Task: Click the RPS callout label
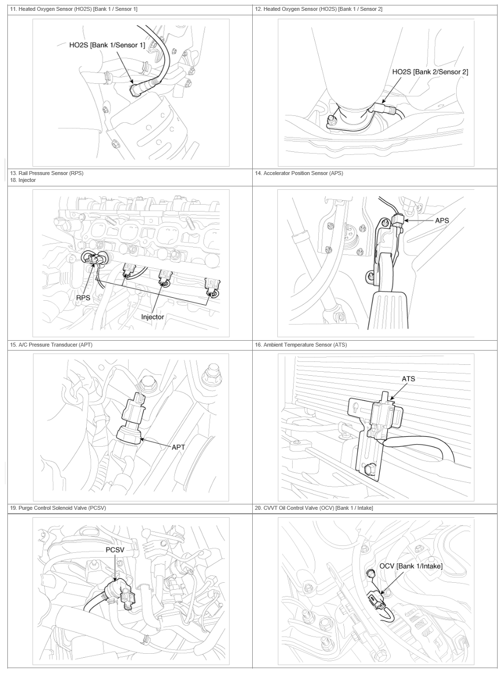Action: [x=83, y=298]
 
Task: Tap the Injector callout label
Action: [x=153, y=317]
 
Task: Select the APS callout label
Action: [x=442, y=220]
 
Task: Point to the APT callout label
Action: [x=178, y=447]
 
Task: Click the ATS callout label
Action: [x=408, y=379]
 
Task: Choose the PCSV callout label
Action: [x=115, y=550]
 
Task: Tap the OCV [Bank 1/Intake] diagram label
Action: [x=411, y=566]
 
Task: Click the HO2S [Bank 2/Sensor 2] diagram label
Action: [x=430, y=72]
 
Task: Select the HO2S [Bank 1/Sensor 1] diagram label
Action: [x=107, y=45]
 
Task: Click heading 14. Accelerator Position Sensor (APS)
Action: [x=299, y=173]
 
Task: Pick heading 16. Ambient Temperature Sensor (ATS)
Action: [x=301, y=345]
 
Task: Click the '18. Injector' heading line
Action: [x=23, y=180]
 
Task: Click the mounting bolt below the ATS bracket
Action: [x=369, y=468]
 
